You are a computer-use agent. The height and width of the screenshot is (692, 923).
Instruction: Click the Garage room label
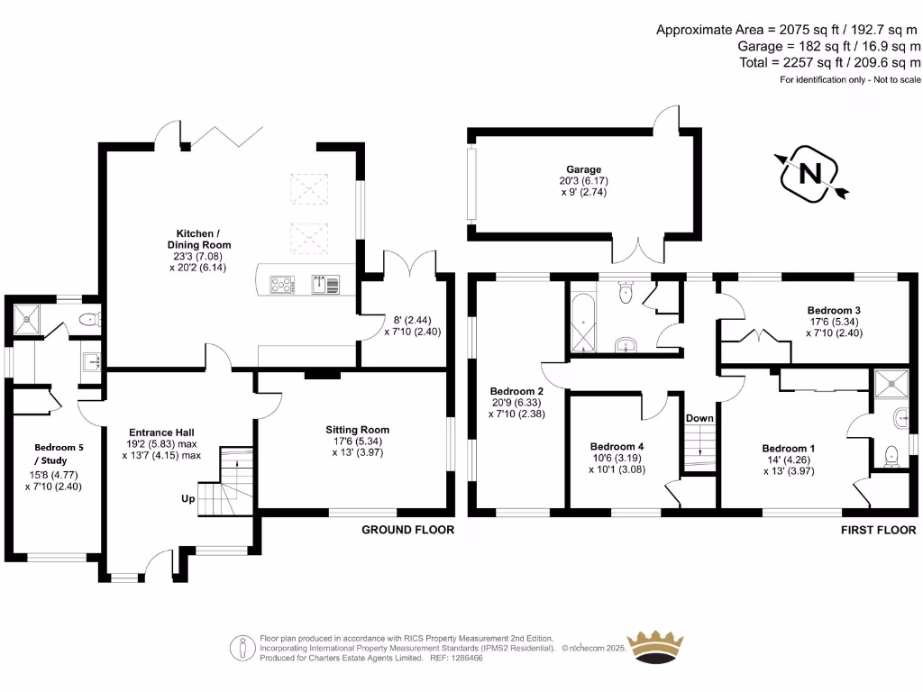(583, 169)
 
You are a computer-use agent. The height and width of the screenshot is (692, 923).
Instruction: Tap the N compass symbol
(810, 174)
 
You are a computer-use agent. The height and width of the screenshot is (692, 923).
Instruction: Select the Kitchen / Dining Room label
(199, 239)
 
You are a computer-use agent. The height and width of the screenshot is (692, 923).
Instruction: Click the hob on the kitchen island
(282, 285)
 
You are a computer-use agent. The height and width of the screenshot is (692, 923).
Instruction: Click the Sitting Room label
(357, 430)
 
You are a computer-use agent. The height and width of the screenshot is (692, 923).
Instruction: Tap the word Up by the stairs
(187, 499)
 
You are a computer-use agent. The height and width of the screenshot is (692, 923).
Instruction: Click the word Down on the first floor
(699, 418)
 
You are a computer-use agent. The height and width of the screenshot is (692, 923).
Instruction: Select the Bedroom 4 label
(617, 447)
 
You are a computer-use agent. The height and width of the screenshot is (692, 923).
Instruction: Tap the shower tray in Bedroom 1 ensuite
(891, 384)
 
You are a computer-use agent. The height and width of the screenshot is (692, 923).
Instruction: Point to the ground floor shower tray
(27, 319)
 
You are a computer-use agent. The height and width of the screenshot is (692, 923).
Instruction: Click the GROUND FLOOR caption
(408, 530)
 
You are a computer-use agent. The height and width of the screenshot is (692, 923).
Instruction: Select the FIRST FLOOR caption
(878, 530)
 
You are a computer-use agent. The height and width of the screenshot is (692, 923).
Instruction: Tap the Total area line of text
(830, 62)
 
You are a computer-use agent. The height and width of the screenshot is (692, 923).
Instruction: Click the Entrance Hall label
(161, 432)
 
